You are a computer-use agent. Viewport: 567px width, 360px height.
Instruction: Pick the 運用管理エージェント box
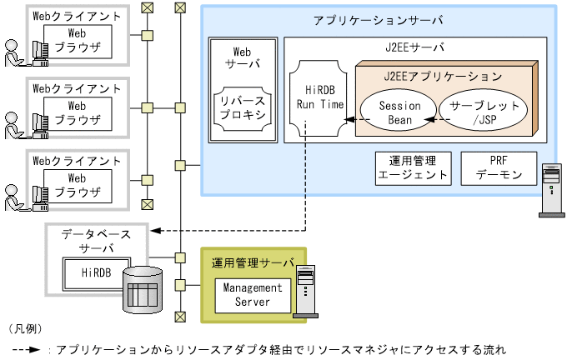[413, 168]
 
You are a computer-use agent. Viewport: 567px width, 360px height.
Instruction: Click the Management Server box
[248, 294]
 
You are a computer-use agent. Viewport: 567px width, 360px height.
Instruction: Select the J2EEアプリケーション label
[443, 76]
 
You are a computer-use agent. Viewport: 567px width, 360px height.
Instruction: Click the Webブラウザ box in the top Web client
[77, 41]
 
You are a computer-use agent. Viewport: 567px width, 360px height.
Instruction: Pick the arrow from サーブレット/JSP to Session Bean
[431, 120]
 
